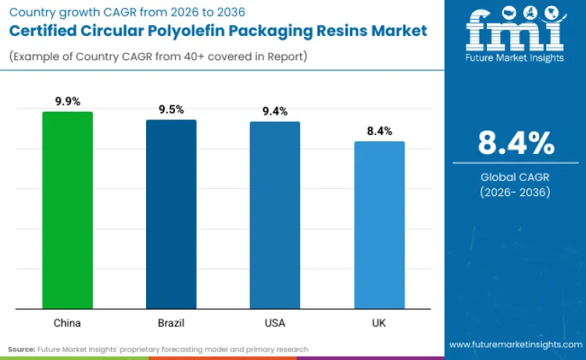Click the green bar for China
(67, 210)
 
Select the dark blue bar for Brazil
(171, 214)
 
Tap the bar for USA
(275, 215)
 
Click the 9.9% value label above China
(67, 102)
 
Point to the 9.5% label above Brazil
(171, 109)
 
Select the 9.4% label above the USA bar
(275, 112)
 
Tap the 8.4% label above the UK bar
(379, 131)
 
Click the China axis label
(67, 322)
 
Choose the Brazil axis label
(171, 322)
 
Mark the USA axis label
(275, 322)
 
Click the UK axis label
(379, 322)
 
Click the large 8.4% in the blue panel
(516, 144)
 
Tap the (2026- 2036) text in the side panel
(516, 192)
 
